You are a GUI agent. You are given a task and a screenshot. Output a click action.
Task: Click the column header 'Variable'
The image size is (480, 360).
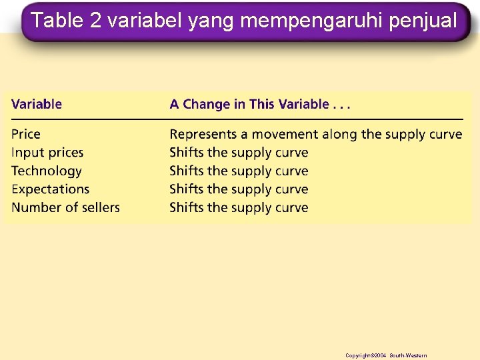(x=37, y=104)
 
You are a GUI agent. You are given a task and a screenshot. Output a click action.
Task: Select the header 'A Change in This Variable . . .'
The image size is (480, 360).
(x=260, y=104)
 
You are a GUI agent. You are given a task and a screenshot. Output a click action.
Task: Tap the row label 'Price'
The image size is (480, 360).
(x=26, y=134)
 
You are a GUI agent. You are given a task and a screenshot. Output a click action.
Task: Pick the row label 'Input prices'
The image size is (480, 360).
(x=47, y=153)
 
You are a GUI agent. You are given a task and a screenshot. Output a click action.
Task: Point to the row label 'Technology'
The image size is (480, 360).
(x=47, y=171)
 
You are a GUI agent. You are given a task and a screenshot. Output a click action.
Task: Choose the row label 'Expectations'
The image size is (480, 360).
(x=50, y=189)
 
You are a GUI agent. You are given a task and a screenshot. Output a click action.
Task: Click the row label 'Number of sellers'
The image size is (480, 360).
(x=65, y=207)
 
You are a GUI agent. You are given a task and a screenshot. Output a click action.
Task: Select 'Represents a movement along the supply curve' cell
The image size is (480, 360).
(x=315, y=134)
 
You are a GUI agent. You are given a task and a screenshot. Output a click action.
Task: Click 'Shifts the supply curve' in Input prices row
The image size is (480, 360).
(x=239, y=153)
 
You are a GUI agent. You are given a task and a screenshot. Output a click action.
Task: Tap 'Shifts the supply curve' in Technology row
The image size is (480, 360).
(x=239, y=171)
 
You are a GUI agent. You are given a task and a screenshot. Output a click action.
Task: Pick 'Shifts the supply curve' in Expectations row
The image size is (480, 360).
(x=239, y=189)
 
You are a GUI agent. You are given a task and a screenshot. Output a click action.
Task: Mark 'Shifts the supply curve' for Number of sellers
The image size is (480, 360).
(x=239, y=207)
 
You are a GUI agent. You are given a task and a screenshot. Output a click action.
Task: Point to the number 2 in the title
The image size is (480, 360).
(x=96, y=21)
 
